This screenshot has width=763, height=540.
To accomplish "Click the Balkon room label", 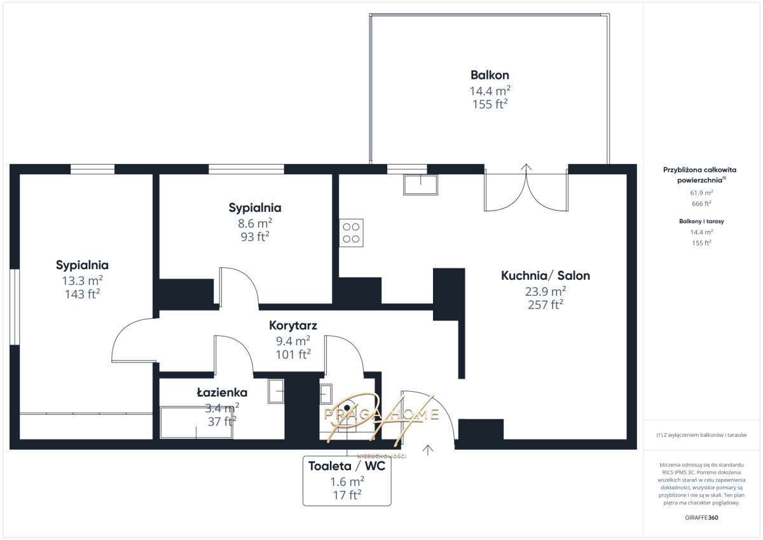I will (x=489, y=74).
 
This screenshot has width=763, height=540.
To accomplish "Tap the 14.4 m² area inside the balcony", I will (x=489, y=90).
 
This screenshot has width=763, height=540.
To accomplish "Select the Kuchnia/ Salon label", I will (x=546, y=275).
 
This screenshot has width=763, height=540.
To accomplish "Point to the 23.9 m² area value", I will (x=546, y=291).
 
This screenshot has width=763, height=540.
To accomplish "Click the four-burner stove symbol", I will (x=351, y=233).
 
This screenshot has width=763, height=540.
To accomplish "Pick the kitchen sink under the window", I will (x=420, y=184).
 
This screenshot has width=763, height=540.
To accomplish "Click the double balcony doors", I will (x=525, y=191).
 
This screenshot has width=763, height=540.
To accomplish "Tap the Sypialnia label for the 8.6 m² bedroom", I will (x=254, y=207).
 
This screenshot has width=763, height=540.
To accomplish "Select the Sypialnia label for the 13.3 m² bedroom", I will (x=82, y=265).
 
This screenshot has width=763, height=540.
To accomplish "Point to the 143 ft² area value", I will (x=82, y=294).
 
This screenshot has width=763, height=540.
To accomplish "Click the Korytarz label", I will (x=293, y=325).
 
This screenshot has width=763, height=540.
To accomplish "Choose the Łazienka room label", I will (x=221, y=392).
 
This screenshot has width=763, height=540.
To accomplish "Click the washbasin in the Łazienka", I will (x=276, y=391).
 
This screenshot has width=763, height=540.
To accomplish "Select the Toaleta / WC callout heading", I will (x=347, y=466).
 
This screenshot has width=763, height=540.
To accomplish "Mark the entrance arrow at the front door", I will (x=428, y=450).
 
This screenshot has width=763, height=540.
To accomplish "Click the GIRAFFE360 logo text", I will (x=701, y=518).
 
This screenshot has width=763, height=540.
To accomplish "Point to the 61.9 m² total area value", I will (x=701, y=191).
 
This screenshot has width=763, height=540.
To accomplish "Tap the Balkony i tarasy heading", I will (x=701, y=221).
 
